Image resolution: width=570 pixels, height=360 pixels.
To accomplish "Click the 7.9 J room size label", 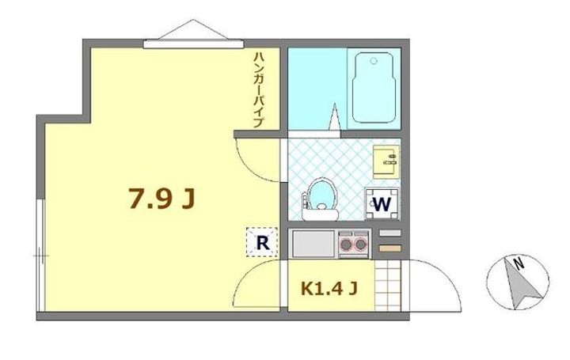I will coord(161,199).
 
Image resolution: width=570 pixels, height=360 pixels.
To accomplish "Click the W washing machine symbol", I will coord(382,203).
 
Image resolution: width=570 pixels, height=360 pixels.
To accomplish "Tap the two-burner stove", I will coord(354,243).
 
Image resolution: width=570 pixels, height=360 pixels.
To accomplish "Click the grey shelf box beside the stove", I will coord(389,233).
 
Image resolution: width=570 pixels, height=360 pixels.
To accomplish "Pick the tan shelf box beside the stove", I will coord(389,248).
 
